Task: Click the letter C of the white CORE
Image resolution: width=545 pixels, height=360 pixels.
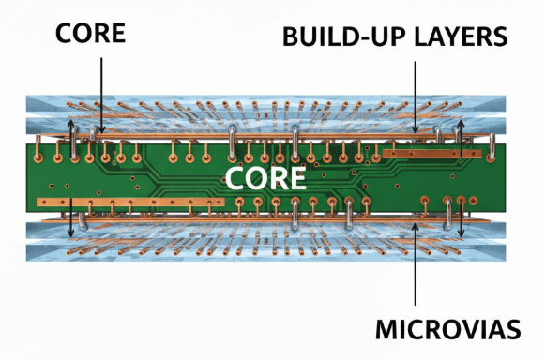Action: click(234, 178)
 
